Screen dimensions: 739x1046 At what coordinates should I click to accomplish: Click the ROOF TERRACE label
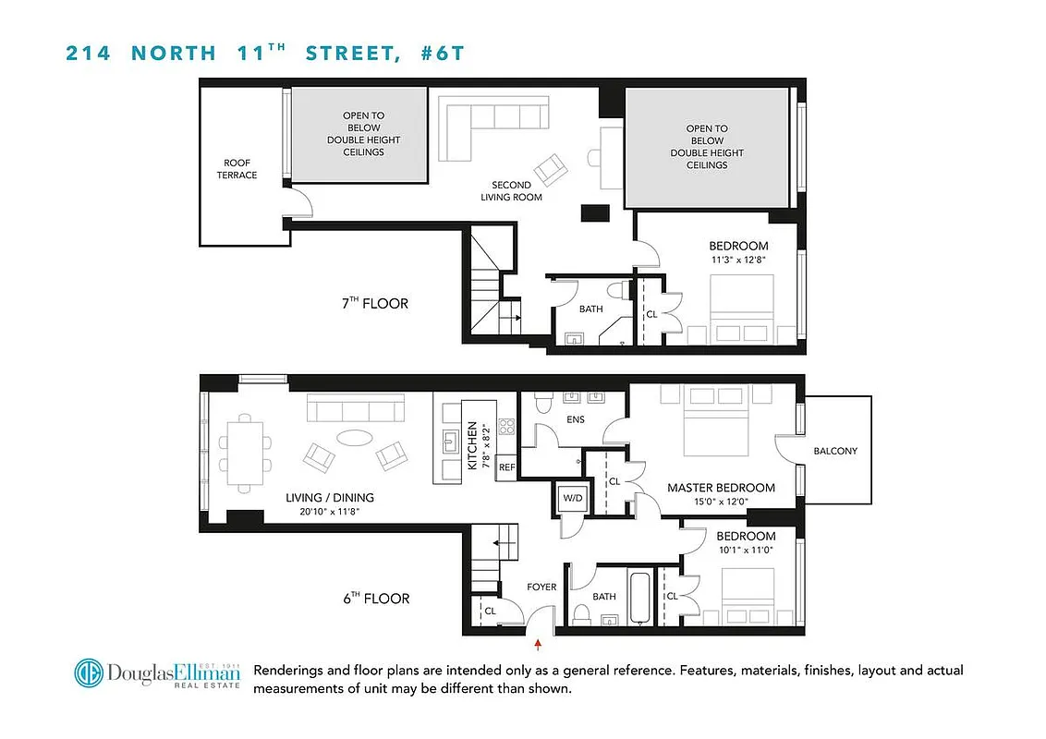(x=237, y=169)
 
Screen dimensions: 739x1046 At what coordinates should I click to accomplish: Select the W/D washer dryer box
(x=573, y=499)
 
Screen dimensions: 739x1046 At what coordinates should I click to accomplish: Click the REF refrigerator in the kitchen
(x=506, y=467)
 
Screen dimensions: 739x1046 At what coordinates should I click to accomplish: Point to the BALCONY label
(x=835, y=451)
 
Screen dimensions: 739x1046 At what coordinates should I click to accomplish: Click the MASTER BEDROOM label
(x=721, y=488)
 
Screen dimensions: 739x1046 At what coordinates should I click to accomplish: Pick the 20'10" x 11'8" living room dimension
(x=329, y=511)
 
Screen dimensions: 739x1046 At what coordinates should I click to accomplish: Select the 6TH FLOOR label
(x=373, y=599)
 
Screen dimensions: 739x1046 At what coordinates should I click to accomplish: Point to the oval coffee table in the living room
(x=350, y=438)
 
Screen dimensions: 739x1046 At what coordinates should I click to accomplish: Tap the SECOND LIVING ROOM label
(x=511, y=191)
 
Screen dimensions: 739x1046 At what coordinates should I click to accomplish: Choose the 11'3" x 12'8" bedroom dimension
(x=738, y=260)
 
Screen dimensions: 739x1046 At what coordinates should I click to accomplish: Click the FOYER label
(x=541, y=586)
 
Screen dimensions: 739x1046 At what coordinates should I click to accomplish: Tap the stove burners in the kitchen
(x=506, y=427)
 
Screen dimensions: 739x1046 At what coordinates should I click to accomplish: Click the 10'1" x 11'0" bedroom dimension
(x=746, y=550)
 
